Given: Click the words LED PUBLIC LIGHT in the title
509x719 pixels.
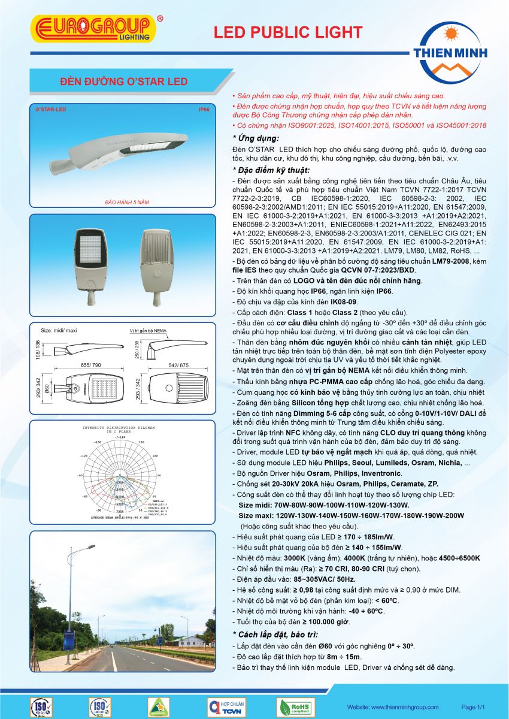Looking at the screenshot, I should pyautogui.click(x=288, y=32).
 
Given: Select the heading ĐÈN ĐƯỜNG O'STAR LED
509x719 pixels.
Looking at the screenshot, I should pyautogui.click(x=125, y=81).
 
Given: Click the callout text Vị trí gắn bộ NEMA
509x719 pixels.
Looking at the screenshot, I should pyautogui.click(x=152, y=330).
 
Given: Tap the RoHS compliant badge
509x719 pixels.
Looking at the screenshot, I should pyautogui.click(x=295, y=706).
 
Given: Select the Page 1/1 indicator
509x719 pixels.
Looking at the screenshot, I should pyautogui.click(x=472, y=707).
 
